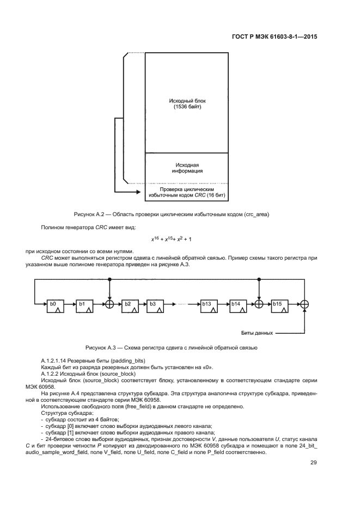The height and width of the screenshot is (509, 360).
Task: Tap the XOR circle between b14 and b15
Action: tap(259, 304)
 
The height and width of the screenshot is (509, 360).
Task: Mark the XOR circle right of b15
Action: tap(305, 304)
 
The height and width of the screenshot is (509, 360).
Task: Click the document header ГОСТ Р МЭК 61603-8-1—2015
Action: tap(271, 38)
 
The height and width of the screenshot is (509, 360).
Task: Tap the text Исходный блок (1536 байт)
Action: tap(187, 104)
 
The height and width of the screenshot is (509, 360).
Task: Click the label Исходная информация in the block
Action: tap(187, 167)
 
